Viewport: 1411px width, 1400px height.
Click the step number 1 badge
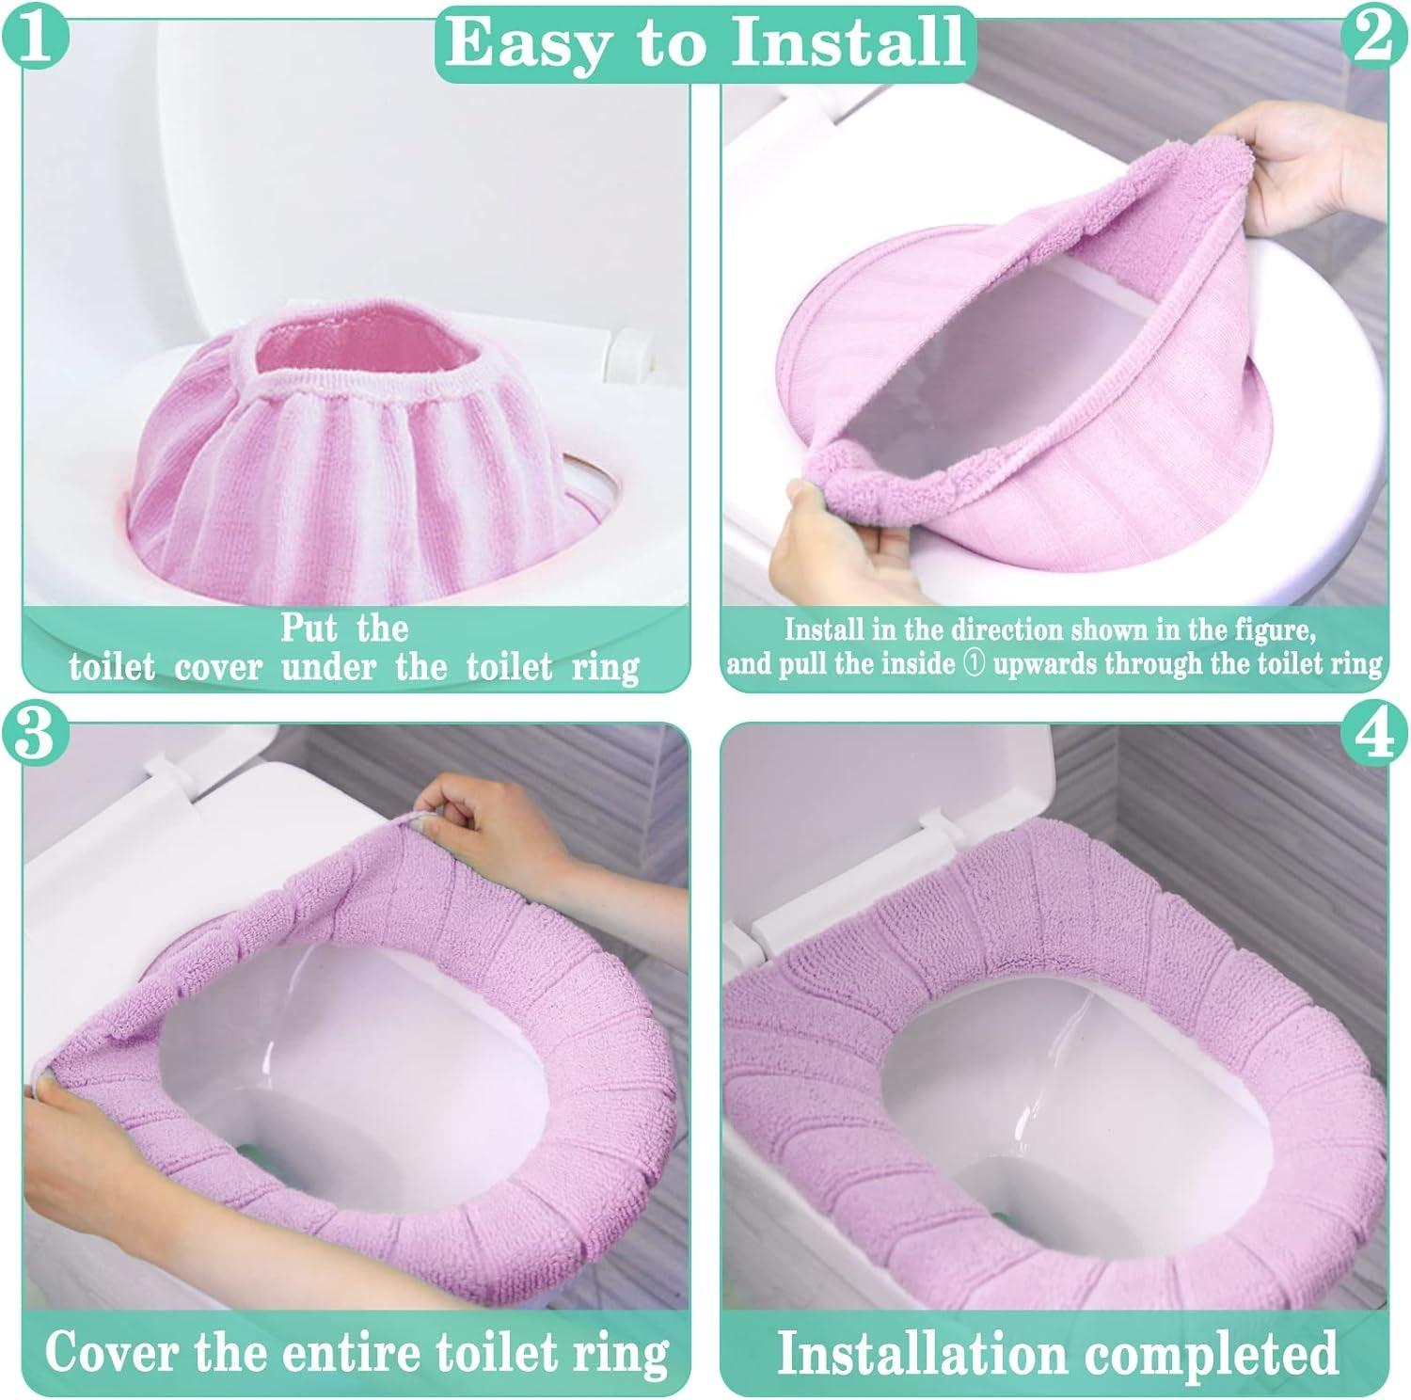(36, 35)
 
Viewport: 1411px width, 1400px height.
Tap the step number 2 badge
(1375, 35)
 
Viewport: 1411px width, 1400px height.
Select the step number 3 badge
(36, 733)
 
